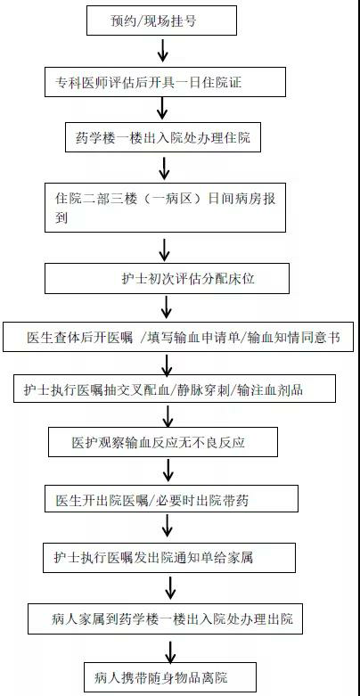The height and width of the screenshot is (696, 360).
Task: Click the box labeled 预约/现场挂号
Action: [161, 20]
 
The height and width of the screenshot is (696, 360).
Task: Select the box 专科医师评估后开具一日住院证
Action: [165, 82]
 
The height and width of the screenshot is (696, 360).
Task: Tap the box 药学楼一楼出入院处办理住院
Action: [163, 137]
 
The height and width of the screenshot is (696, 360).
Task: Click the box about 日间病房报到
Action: [165, 207]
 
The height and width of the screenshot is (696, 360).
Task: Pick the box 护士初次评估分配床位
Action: [167, 278]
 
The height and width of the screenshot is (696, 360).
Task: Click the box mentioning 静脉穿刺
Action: [175, 389]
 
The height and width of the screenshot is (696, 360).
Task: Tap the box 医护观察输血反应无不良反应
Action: [163, 442]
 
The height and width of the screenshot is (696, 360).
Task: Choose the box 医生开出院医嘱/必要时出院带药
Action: [171, 499]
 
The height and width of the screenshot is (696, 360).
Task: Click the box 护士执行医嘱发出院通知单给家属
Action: [169, 557]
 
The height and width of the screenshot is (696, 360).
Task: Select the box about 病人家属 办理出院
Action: [166, 618]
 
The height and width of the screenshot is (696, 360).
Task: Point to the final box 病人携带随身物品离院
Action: [170, 677]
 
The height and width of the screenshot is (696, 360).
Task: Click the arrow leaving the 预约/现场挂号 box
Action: [163, 51]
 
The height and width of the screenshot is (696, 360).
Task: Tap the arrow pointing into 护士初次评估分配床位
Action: [164, 250]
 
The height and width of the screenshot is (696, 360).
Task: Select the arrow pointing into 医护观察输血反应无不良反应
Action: [168, 416]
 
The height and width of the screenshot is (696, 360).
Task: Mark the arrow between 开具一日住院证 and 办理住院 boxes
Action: [163, 109]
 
